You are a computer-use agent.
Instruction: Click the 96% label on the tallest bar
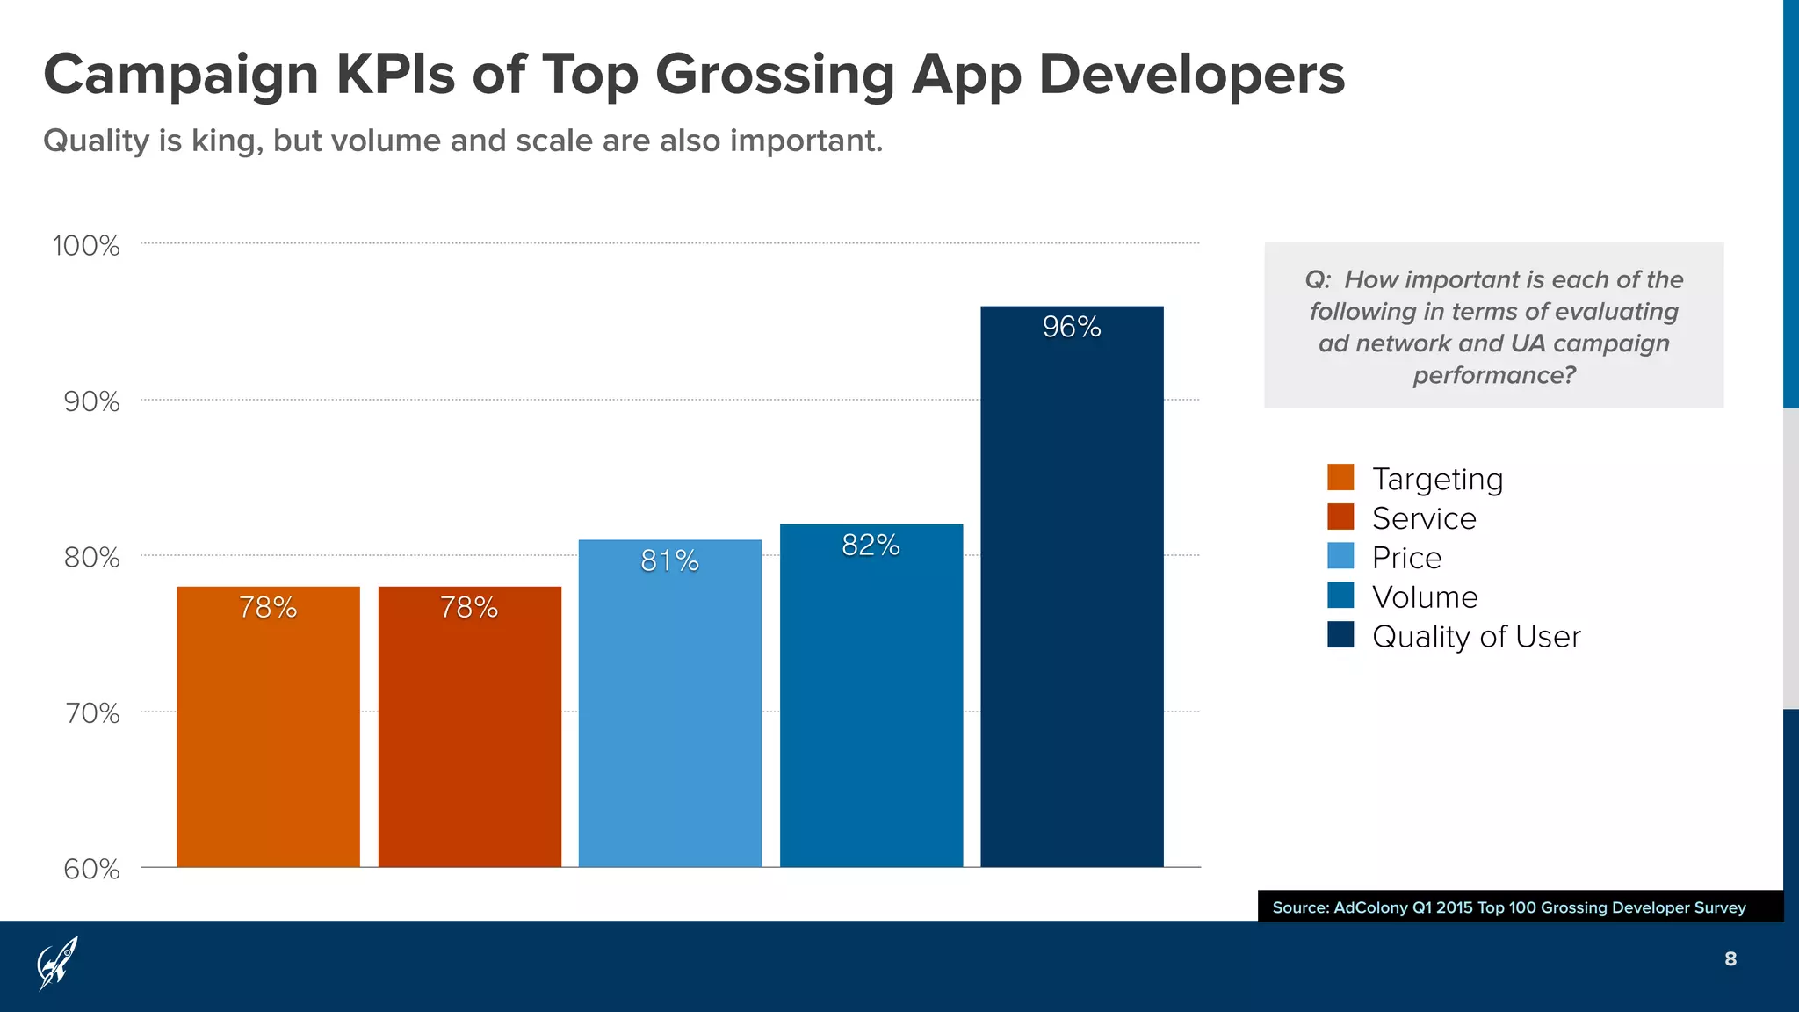1072,328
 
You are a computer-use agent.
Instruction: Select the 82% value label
871,546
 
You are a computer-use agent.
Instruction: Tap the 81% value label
669,561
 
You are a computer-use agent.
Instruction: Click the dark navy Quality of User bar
1072,615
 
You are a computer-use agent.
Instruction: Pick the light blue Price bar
669,720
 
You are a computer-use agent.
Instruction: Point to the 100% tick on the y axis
86,246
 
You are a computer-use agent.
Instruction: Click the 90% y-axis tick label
91,402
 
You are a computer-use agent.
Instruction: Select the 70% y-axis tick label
92,713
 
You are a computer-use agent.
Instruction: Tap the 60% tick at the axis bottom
91,870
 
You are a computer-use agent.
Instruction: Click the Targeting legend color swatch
1340,477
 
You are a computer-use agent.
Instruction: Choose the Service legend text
1424,518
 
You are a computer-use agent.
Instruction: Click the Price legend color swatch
1340,556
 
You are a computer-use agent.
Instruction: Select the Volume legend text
1425,597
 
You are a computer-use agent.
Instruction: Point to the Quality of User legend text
1476,637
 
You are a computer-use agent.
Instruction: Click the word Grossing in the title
775,75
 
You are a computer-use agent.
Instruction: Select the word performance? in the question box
1493,376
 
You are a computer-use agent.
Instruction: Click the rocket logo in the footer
57,964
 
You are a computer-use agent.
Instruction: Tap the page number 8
1730,959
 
